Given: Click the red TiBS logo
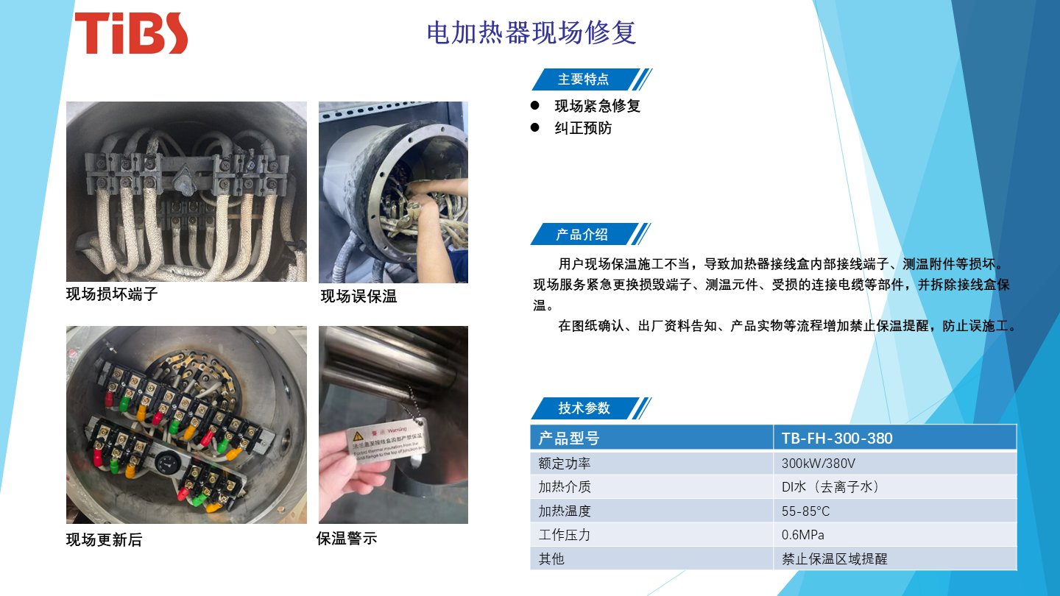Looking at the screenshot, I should (131, 33).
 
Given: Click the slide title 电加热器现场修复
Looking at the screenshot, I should (531, 33).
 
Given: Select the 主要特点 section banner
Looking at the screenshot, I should (584, 79).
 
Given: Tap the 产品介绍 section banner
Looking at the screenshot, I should (582, 235).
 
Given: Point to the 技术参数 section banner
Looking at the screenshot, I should (584, 408).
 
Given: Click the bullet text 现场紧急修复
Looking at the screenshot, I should (597, 106).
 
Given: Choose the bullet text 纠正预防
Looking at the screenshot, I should (583, 129).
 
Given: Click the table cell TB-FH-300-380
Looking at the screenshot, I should (837, 439).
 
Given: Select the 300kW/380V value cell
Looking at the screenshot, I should (818, 464).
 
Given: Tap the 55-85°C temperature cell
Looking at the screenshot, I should (805, 511).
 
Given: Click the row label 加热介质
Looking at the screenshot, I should (565, 487).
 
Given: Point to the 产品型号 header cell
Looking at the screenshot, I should (569, 439).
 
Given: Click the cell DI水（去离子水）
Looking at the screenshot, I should (831, 487).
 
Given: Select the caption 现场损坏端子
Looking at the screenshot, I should (112, 295).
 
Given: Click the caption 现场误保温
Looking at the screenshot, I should (358, 297).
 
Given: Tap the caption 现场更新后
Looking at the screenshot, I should (104, 540).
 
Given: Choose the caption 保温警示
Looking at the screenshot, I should (346, 539).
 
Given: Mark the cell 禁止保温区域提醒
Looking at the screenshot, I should (835, 558).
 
